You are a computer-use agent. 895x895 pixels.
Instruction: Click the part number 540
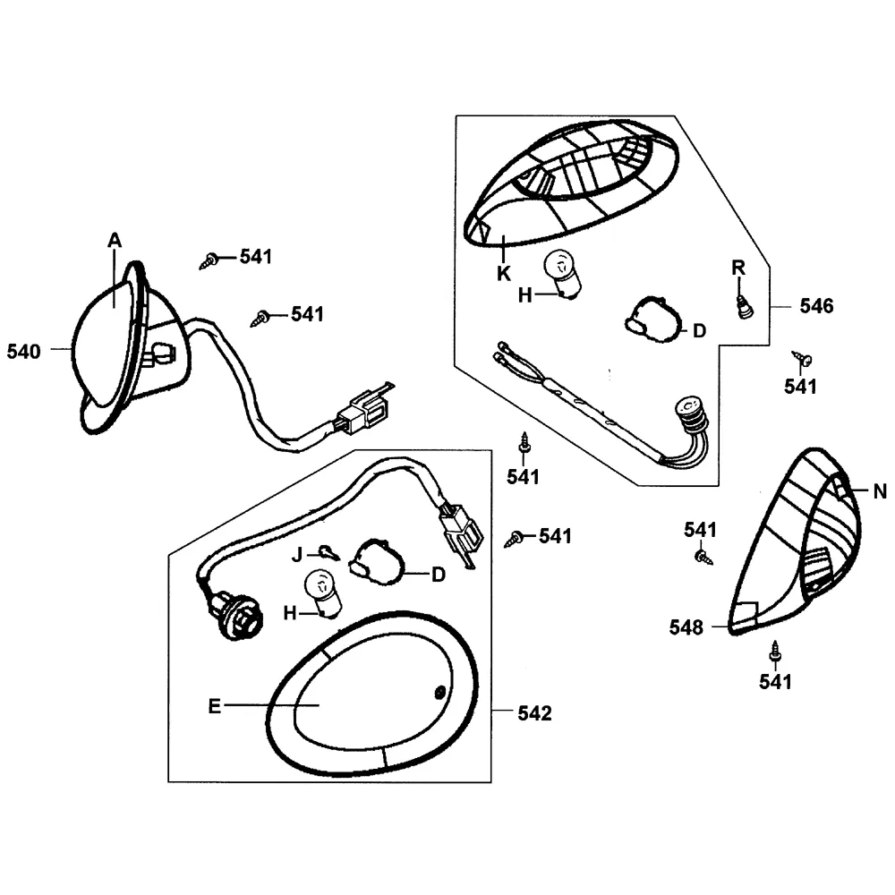23,352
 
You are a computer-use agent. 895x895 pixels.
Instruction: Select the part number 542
534,713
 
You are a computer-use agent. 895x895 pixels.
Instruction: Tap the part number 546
815,307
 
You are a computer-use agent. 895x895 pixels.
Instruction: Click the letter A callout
115,240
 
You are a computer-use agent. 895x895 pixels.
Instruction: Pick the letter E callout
214,706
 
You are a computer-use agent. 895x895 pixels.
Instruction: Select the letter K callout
503,272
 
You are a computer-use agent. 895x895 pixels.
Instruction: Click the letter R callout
737,268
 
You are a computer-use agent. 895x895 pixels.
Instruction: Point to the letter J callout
299,554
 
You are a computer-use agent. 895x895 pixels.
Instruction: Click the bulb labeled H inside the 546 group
561,274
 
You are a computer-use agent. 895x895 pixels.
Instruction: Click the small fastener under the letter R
742,306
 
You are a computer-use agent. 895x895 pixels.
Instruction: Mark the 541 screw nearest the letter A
210,260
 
